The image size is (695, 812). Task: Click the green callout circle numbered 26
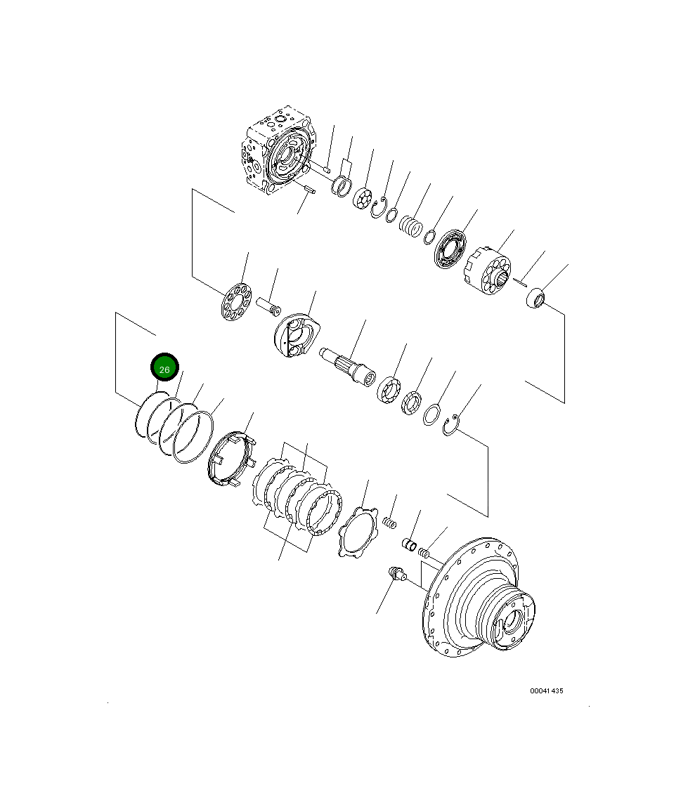164,368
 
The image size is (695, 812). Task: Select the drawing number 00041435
546,690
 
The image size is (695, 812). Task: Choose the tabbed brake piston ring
230,461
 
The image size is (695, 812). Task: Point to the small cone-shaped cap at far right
537,298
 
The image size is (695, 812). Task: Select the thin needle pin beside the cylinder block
519,283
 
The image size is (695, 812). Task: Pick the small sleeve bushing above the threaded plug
409,544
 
